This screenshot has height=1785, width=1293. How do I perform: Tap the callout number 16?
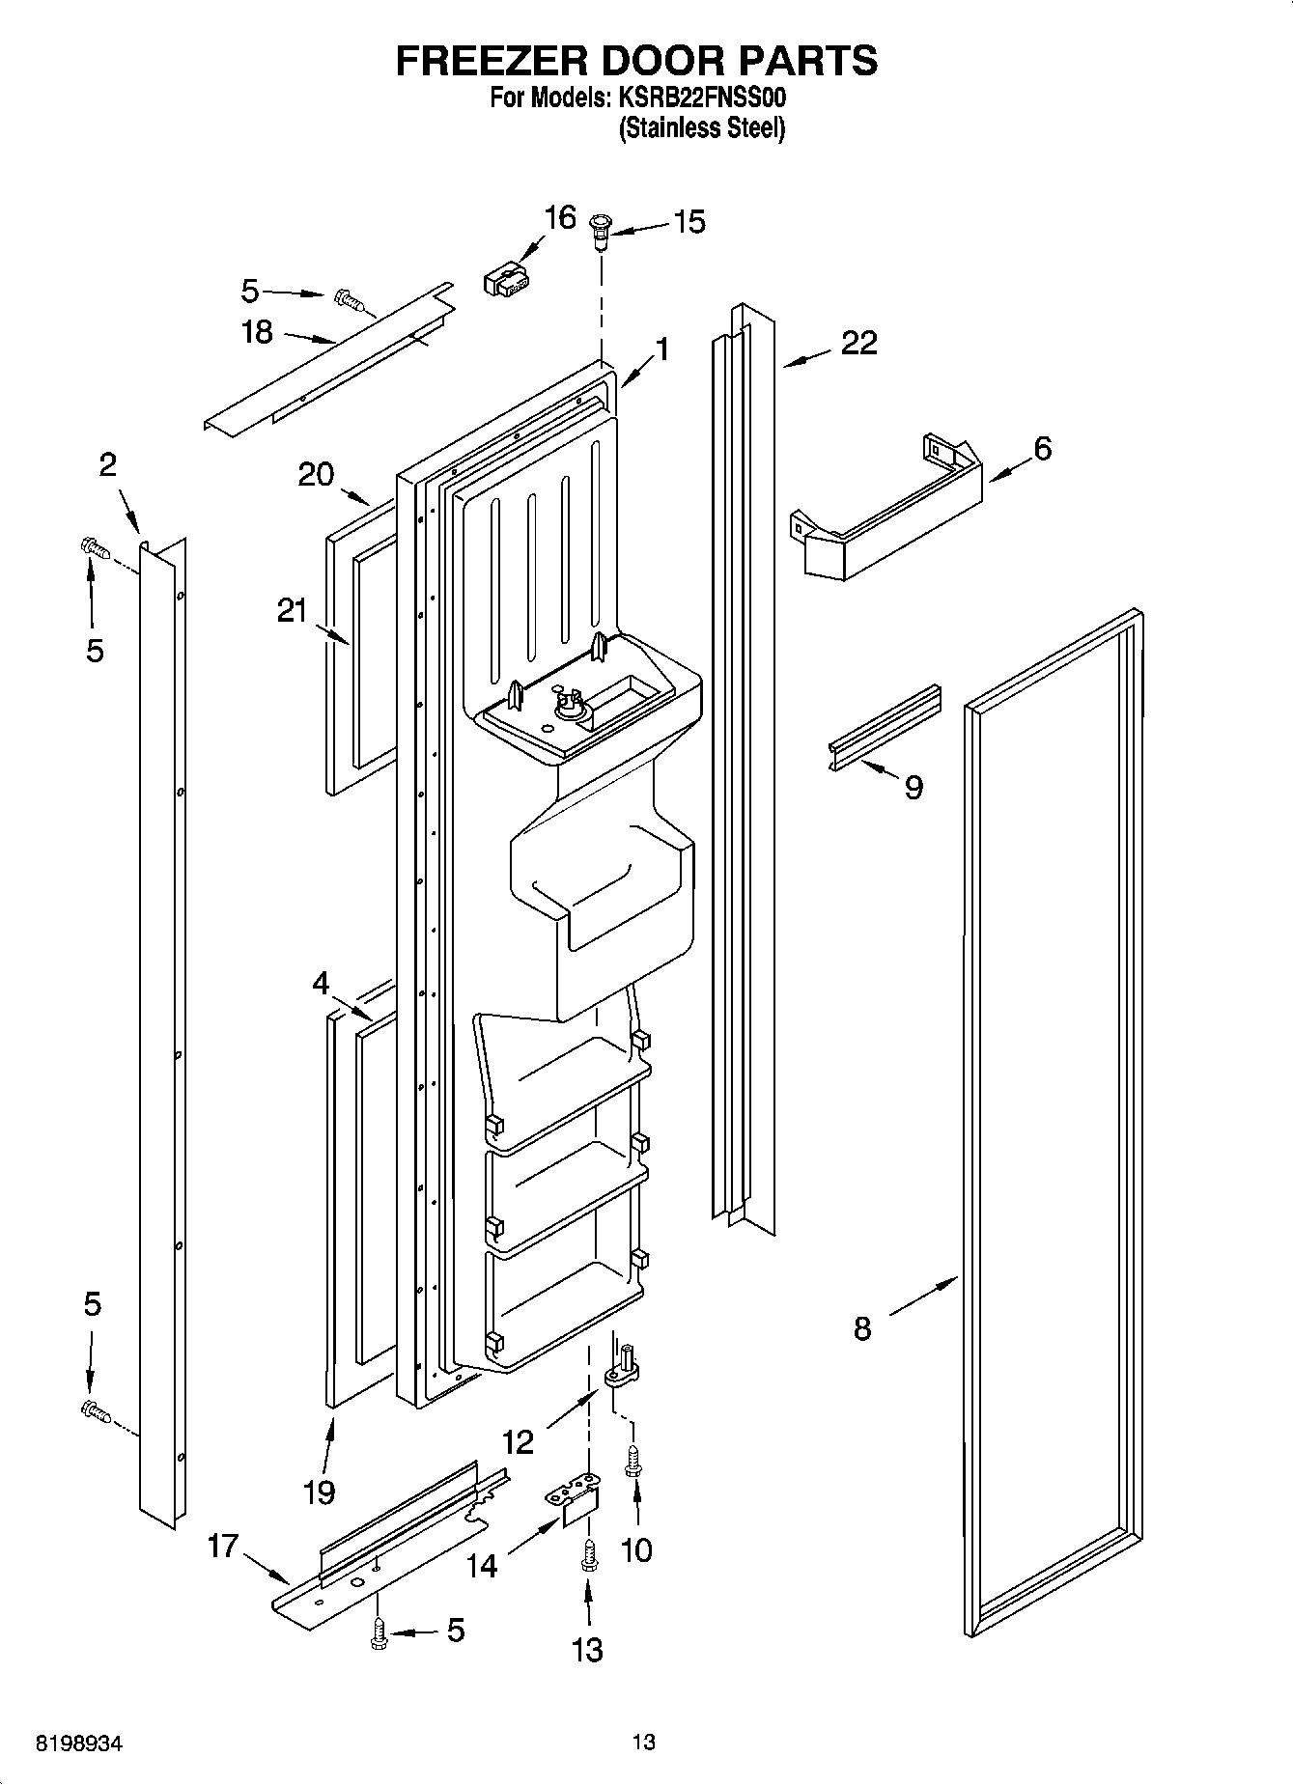pos(560,217)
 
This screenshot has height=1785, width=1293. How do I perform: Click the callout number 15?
pos(689,222)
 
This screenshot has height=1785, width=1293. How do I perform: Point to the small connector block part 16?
pos(504,282)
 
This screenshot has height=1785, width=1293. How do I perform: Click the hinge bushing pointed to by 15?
pos(600,230)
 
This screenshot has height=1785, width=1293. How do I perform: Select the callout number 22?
pos(858,343)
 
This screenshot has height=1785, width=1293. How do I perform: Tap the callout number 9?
pos(914,787)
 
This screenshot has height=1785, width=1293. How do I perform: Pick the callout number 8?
pos(862,1328)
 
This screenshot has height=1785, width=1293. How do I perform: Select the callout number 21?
pos(293,610)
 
